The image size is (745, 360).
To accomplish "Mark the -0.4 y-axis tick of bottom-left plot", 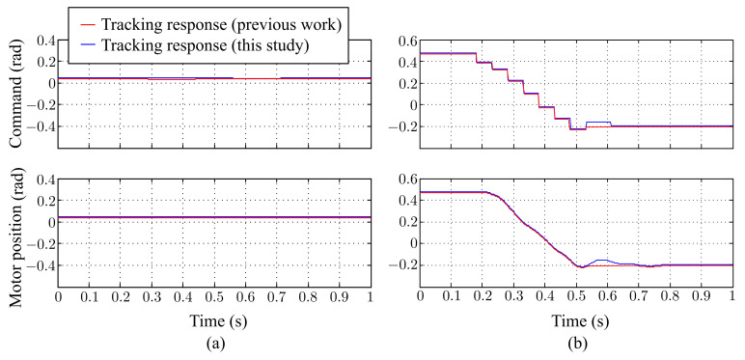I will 39,264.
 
